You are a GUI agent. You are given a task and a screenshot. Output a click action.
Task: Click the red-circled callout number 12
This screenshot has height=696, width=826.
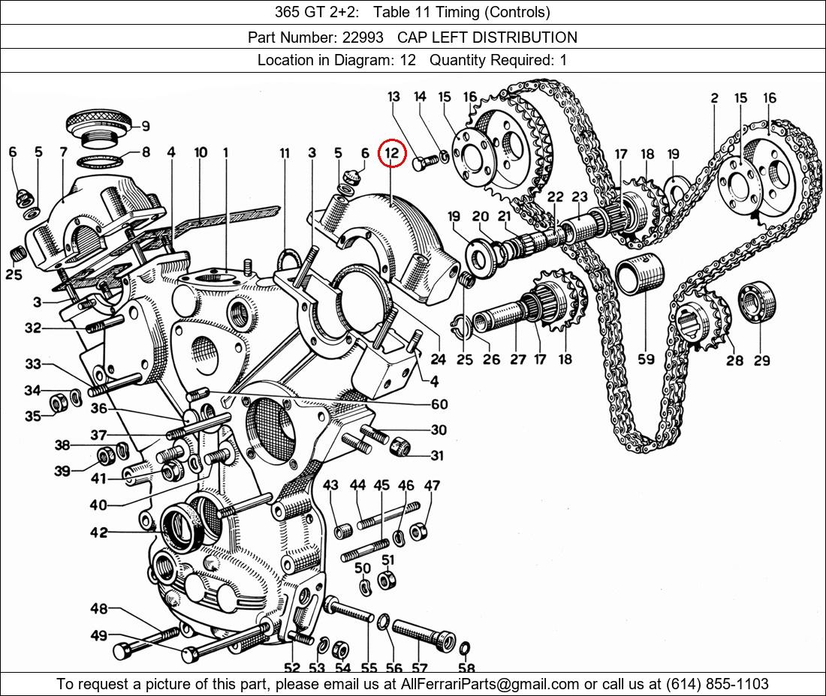[x=390, y=154]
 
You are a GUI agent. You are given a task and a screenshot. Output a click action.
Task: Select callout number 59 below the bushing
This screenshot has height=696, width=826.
[x=647, y=359]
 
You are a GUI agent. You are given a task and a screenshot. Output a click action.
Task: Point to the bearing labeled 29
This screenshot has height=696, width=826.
[x=758, y=303]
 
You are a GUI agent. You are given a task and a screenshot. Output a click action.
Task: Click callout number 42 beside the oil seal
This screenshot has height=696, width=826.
[x=98, y=532]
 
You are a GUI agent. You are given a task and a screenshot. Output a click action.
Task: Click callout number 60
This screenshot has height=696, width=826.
[x=439, y=404]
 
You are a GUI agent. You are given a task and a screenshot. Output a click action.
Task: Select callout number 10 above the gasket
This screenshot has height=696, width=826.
[x=200, y=153]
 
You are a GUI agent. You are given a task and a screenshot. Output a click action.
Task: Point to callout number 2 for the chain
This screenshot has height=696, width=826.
[x=713, y=98]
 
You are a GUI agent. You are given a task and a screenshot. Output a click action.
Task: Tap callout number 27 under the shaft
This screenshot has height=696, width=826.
[x=518, y=359]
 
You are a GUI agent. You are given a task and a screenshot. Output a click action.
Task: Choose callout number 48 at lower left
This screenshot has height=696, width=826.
[x=99, y=608]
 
